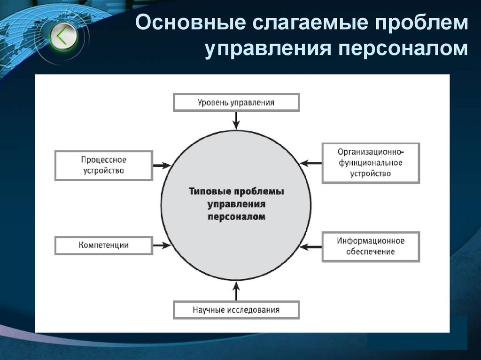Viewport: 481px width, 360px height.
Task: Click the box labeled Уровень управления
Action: [x=236, y=102]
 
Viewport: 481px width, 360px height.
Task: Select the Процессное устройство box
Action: [x=104, y=166]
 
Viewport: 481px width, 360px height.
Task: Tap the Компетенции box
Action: [x=104, y=245]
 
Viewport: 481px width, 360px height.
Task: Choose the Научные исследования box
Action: [x=236, y=310]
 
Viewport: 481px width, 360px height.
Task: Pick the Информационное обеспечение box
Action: [x=371, y=246]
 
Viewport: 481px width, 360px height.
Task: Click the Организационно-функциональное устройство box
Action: [x=371, y=163]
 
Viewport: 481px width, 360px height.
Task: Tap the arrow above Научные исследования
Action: [x=236, y=291]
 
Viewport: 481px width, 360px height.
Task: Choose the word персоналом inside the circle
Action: [x=236, y=217]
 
